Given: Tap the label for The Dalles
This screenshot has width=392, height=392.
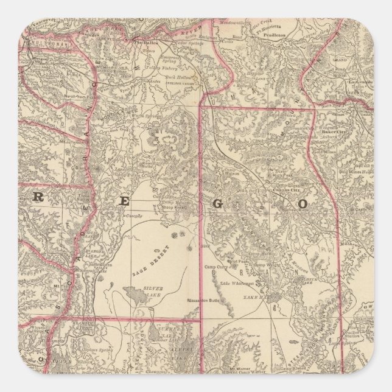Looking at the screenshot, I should (146, 43).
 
